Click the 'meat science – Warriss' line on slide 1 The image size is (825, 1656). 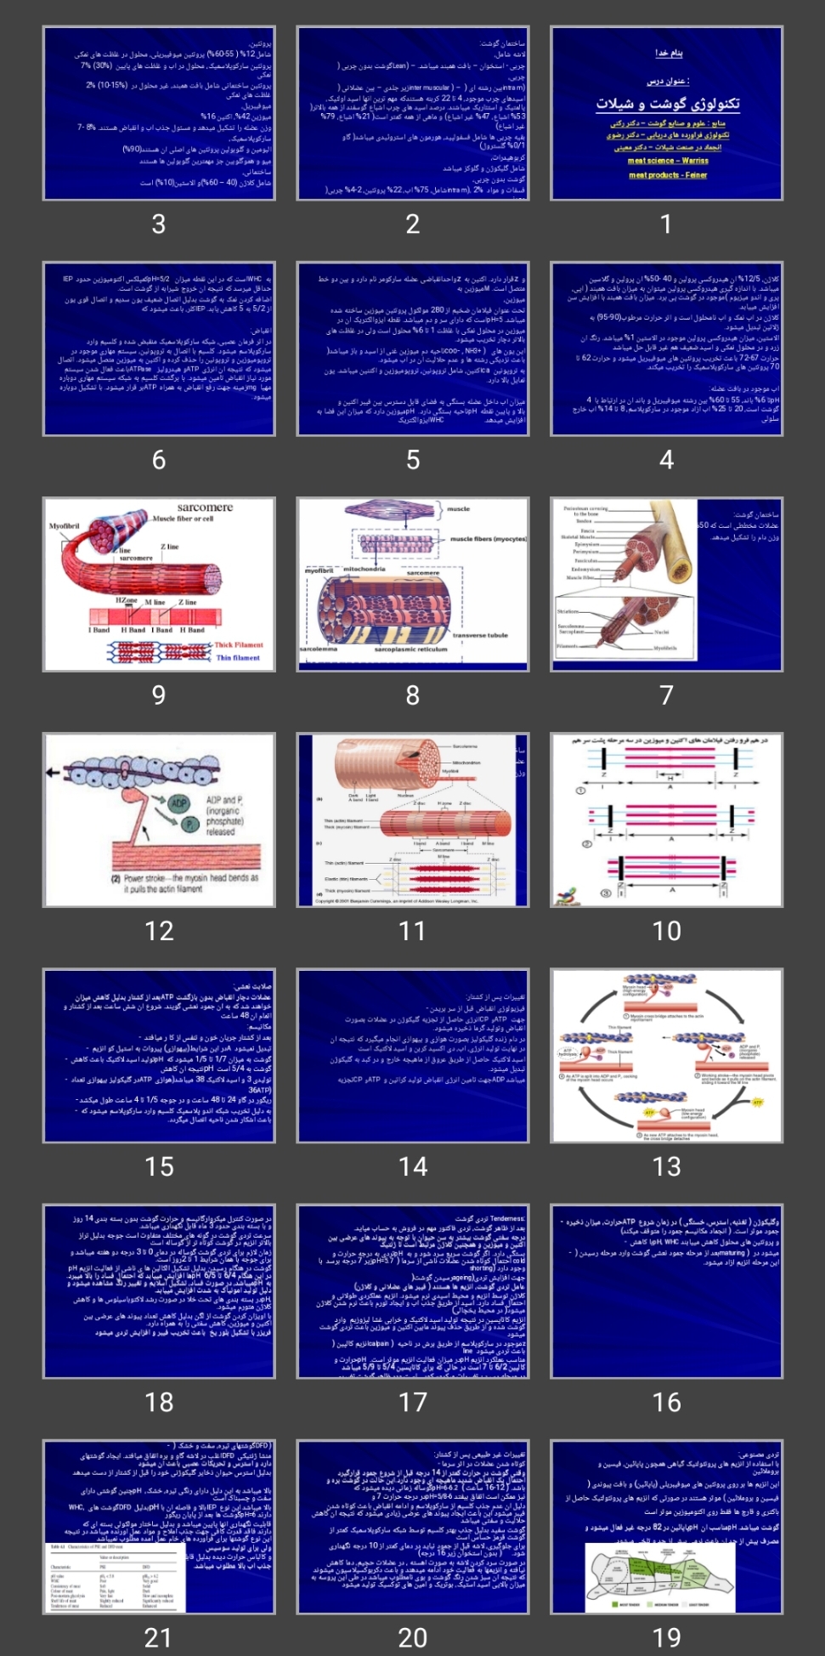(667, 161)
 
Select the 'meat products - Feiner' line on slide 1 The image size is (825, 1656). (667, 175)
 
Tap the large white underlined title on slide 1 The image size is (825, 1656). (667, 104)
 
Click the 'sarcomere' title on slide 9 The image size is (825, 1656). (205, 508)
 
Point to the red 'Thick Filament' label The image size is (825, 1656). (239, 644)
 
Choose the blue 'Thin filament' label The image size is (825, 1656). (238, 657)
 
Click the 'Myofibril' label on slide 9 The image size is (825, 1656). (65, 526)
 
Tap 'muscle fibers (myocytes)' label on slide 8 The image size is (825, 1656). (488, 539)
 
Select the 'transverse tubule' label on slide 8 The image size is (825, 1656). (480, 635)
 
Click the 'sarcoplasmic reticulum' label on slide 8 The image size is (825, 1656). (410, 649)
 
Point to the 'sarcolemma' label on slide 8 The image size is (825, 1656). (319, 649)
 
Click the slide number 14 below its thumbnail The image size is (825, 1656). (413, 1166)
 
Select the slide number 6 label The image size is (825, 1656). (159, 460)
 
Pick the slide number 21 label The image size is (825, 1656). (159, 1637)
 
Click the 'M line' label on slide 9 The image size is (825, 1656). (155, 602)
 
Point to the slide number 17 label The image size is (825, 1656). (413, 1402)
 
